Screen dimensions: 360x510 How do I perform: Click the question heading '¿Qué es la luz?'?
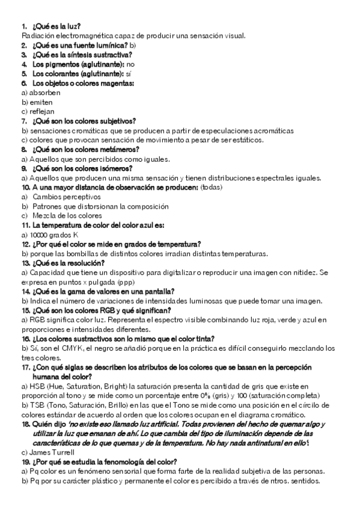(56, 27)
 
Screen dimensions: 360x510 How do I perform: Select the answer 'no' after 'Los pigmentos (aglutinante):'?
(131, 64)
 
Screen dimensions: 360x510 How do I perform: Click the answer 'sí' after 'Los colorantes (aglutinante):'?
(127, 73)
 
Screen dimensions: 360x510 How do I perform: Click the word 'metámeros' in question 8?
(120, 149)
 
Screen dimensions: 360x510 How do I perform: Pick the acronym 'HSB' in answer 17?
(38, 386)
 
